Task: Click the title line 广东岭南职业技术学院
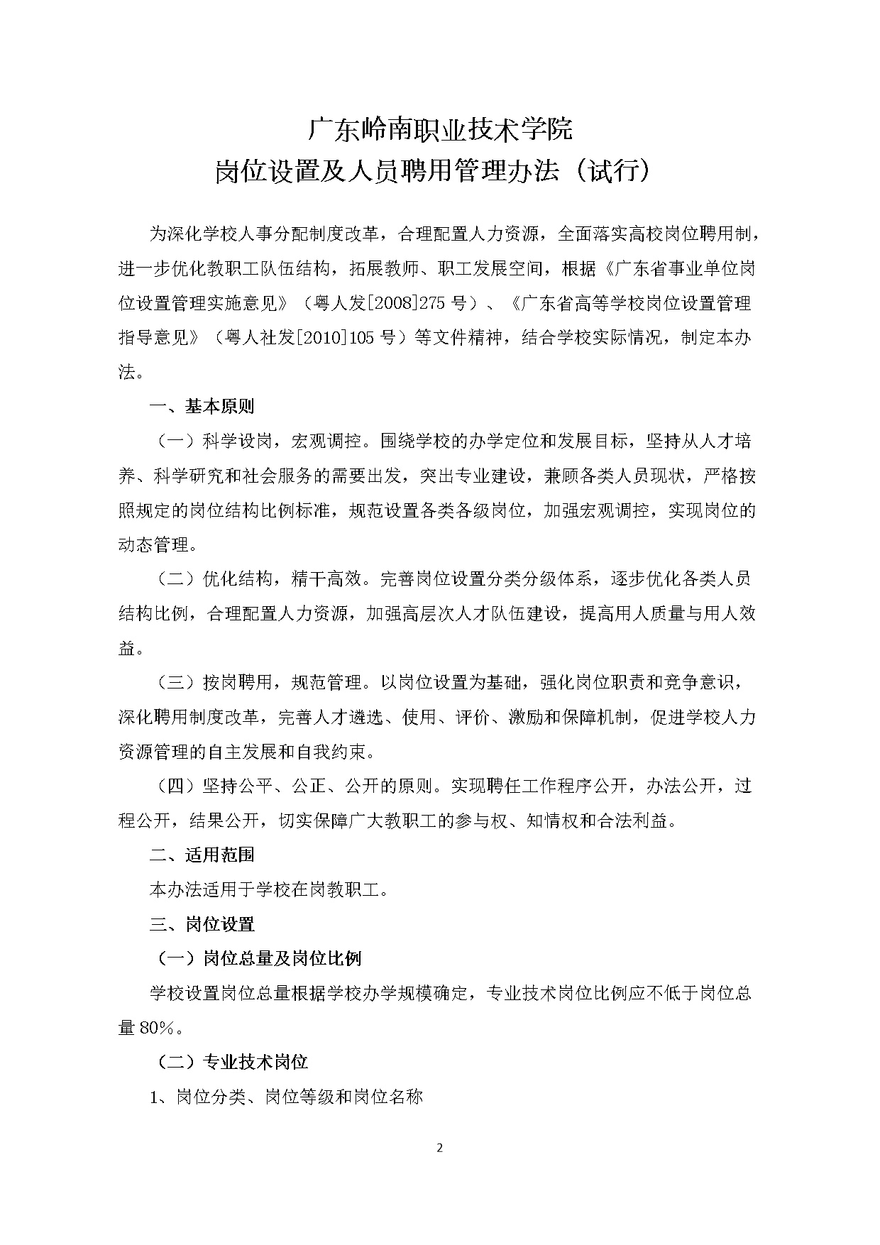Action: click(x=439, y=130)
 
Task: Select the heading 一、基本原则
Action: click(x=202, y=407)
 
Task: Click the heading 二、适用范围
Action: click(x=202, y=855)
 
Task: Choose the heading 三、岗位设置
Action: click(x=202, y=924)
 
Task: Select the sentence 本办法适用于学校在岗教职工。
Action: click(x=269, y=889)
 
